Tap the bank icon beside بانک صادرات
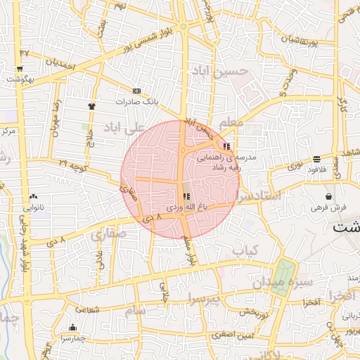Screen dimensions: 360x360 pyautogui.click(x=136, y=91)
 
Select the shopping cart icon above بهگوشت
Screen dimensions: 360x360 pyautogui.click(x=20, y=69)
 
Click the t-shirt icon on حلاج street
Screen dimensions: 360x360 pyautogui.click(x=91, y=105)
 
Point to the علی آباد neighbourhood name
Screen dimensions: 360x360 pyautogui.click(x=123, y=127)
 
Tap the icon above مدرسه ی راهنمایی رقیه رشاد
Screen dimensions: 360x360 pyautogui.click(x=226, y=146)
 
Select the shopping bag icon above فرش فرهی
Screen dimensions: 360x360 pyautogui.click(x=328, y=196)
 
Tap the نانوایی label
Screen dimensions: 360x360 pyautogui.click(x=33, y=207)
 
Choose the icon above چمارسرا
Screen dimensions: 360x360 pyautogui.click(x=72, y=327)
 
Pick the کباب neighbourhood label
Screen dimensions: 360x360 pyautogui.click(x=245, y=250)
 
